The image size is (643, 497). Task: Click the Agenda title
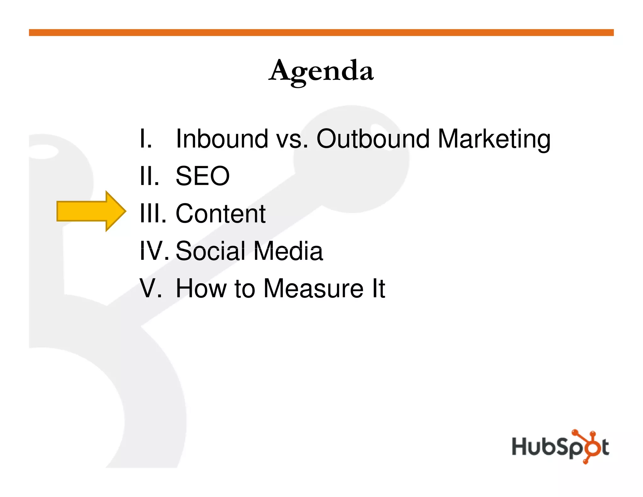(x=321, y=71)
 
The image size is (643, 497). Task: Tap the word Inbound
(x=222, y=139)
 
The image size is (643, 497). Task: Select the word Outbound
(x=373, y=139)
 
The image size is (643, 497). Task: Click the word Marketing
(x=494, y=139)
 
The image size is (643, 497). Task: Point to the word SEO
(x=203, y=176)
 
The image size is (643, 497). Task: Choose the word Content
(x=220, y=214)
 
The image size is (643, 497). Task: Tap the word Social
(x=210, y=251)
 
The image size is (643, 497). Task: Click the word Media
(x=288, y=251)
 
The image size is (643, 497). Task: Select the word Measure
(x=313, y=288)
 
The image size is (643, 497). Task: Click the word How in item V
(x=201, y=288)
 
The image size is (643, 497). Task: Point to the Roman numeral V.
(x=150, y=288)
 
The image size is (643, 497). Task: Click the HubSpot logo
(x=560, y=446)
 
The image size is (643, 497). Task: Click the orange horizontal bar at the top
(x=321, y=33)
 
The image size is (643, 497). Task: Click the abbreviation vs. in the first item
(x=292, y=139)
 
